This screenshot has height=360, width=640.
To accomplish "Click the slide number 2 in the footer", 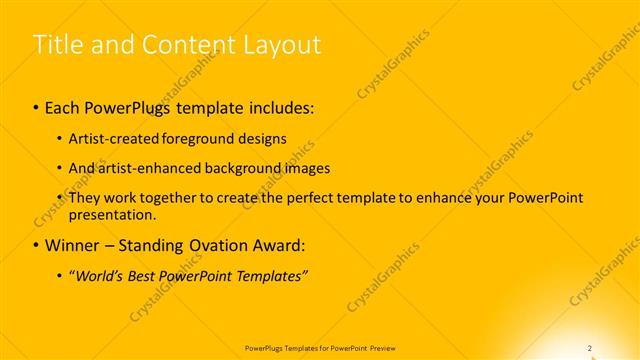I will [590, 348].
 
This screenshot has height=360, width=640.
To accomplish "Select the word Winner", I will [73, 244].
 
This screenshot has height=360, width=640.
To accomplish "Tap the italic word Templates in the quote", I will [272, 275].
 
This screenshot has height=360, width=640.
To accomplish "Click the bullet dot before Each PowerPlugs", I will [37, 105].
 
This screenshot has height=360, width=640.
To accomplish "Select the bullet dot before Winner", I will [37, 244].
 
